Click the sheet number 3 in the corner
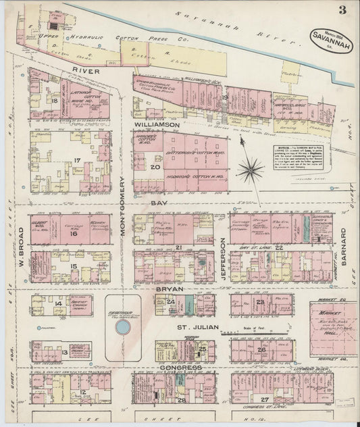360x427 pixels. (343, 9)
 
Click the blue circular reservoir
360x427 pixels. (122, 328)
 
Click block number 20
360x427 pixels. (154, 167)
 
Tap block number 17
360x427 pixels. (77, 160)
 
